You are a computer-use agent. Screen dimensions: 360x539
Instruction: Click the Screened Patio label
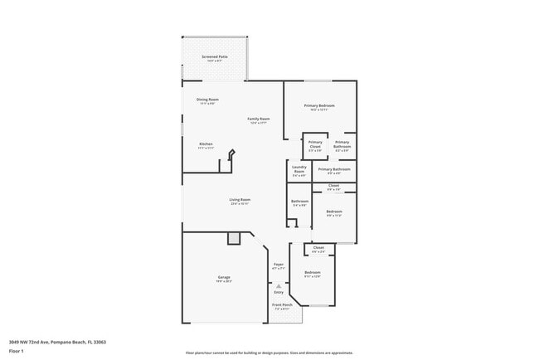pyautogui.click(x=215, y=57)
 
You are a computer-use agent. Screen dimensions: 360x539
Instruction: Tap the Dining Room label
pyautogui.click(x=207, y=100)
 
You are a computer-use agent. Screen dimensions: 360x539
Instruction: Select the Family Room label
pyautogui.click(x=259, y=119)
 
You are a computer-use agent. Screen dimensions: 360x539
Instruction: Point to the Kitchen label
pyautogui.click(x=206, y=144)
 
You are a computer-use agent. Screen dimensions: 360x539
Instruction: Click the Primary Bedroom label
pyautogui.click(x=319, y=105)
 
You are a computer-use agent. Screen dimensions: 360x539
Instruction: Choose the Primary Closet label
pyautogui.click(x=315, y=144)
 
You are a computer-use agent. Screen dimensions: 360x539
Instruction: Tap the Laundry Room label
pyautogui.click(x=299, y=169)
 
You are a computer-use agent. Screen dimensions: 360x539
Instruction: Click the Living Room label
pyautogui.click(x=240, y=199)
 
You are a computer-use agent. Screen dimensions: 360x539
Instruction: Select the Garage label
pyautogui.click(x=224, y=277)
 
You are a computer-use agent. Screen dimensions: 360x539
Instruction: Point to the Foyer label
pyautogui.click(x=278, y=265)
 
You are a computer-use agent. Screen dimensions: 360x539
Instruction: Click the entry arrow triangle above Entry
pyautogui.click(x=279, y=285)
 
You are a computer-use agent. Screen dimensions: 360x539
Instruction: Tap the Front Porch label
pyautogui.click(x=282, y=304)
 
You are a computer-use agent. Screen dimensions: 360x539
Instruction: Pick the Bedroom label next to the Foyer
pyautogui.click(x=312, y=272)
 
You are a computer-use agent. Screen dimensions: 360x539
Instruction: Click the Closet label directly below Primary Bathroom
pyautogui.click(x=333, y=186)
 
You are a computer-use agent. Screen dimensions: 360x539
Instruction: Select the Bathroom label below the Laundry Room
pyautogui.click(x=299, y=202)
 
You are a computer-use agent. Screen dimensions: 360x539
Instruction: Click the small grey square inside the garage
pyautogui.click(x=234, y=239)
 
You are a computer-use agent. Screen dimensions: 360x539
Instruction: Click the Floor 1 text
pyautogui.click(x=17, y=351)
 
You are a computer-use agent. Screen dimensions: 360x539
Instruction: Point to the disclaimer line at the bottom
pyautogui.click(x=269, y=353)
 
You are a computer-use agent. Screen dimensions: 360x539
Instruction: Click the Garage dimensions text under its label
pyautogui.click(x=224, y=281)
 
